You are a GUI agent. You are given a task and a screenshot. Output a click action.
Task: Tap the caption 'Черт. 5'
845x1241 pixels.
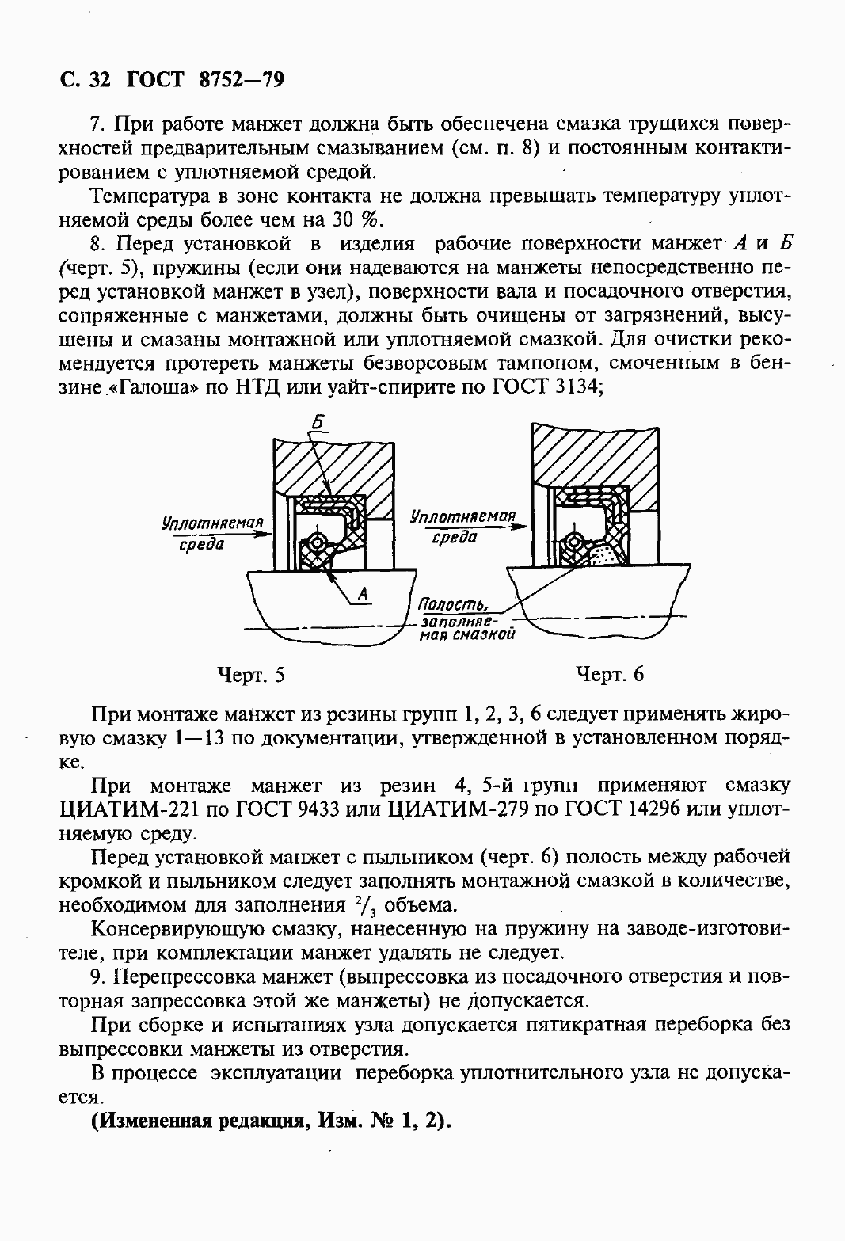pos(250,674)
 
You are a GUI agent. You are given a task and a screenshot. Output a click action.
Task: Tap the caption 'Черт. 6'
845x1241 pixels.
pos(610,674)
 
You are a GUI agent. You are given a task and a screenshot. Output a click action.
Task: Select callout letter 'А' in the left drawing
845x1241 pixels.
pos(364,593)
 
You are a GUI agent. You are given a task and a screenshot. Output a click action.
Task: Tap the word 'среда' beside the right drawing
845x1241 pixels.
pos(455,537)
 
